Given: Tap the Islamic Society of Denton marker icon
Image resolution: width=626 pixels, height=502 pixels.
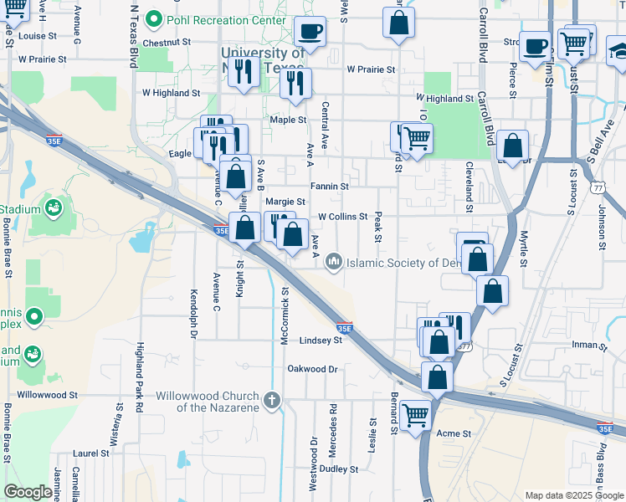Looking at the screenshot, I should tap(335, 263).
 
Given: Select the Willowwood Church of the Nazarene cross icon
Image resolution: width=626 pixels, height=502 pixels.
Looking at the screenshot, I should tap(271, 401).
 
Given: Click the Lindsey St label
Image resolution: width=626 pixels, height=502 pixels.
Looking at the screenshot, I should tap(321, 341).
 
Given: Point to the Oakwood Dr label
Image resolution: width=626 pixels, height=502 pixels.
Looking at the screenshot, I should tap(312, 369).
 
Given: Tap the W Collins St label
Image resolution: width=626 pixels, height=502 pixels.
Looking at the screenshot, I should tap(342, 217).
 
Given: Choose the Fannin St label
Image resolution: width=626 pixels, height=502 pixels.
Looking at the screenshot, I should tap(329, 185).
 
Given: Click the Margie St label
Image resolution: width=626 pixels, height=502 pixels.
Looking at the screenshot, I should tap(285, 202).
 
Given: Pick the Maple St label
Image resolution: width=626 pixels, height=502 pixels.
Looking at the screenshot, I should tap(288, 120).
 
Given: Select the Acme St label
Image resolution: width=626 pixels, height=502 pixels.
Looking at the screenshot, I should tap(454, 433).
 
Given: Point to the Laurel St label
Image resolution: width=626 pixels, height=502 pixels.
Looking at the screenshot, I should tap(91, 453).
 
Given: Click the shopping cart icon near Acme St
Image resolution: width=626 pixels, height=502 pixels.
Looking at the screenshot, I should tap(416, 414).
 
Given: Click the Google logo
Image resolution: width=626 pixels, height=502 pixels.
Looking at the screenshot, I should tap(28, 492).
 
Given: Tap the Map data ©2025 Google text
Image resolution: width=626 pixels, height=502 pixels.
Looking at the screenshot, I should tap(573, 495).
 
